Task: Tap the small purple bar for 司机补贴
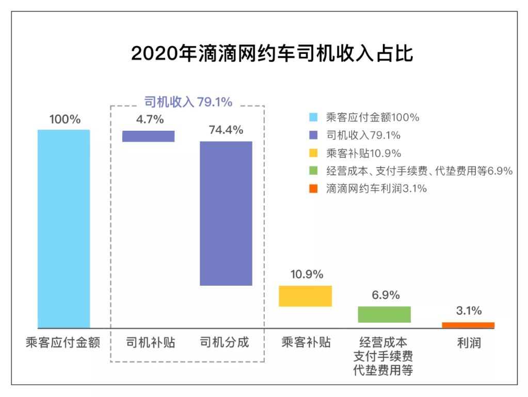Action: click(x=148, y=136)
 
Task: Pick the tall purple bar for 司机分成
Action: click(x=226, y=213)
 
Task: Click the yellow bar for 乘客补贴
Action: click(x=305, y=296)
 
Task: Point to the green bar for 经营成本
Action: click(x=385, y=314)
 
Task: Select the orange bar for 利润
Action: click(x=468, y=325)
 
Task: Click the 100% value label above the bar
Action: click(x=65, y=119)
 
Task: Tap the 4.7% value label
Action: click(x=150, y=119)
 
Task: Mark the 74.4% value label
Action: click(x=226, y=130)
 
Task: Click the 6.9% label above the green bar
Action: click(x=385, y=295)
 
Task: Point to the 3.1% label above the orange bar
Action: click(x=469, y=311)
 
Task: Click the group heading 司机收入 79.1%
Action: click(x=188, y=102)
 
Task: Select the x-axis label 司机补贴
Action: click(x=150, y=342)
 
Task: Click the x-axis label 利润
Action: click(x=469, y=342)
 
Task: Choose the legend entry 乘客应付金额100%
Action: click(x=372, y=117)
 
